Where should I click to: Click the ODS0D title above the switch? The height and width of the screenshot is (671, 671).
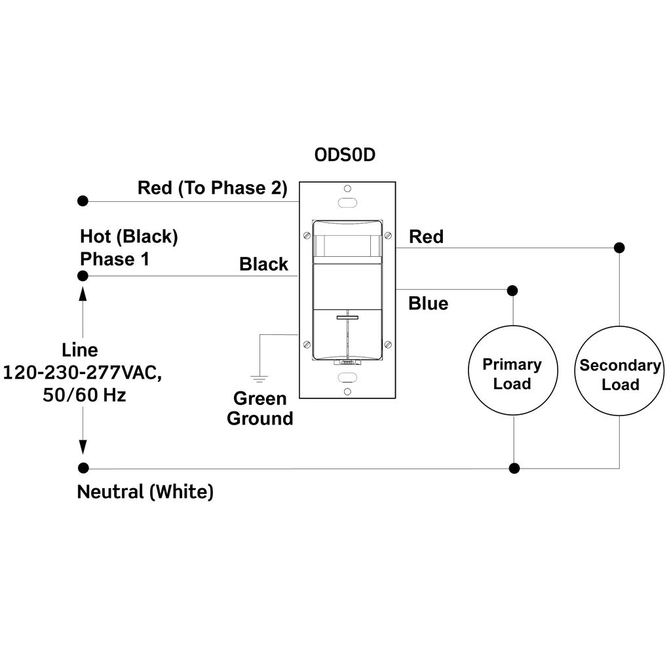click(x=345, y=156)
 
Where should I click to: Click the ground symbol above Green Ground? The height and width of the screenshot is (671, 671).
click(x=260, y=377)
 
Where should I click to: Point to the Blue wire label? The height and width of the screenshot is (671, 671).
click(x=428, y=303)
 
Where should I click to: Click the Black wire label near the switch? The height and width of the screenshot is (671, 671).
click(x=263, y=264)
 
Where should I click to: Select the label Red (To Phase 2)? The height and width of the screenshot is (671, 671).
click(x=212, y=188)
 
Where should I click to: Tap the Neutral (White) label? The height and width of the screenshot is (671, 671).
click(x=145, y=491)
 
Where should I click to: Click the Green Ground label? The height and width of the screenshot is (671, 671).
click(x=260, y=408)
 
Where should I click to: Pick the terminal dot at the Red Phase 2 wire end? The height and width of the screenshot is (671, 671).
click(x=83, y=200)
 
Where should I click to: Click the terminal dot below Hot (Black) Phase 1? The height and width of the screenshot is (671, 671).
click(x=83, y=276)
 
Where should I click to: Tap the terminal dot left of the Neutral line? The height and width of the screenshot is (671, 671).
click(x=83, y=468)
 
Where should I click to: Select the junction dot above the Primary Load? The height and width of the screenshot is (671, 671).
click(x=512, y=290)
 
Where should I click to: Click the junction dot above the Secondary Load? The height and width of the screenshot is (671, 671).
click(x=619, y=248)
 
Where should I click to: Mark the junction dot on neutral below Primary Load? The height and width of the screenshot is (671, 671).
click(x=514, y=468)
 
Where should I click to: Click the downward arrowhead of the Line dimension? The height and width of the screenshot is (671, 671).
click(x=83, y=447)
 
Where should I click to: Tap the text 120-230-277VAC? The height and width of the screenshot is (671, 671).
click(x=82, y=374)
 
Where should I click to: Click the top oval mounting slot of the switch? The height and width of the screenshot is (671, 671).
click(x=347, y=202)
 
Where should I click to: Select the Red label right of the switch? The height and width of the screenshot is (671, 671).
click(x=426, y=237)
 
